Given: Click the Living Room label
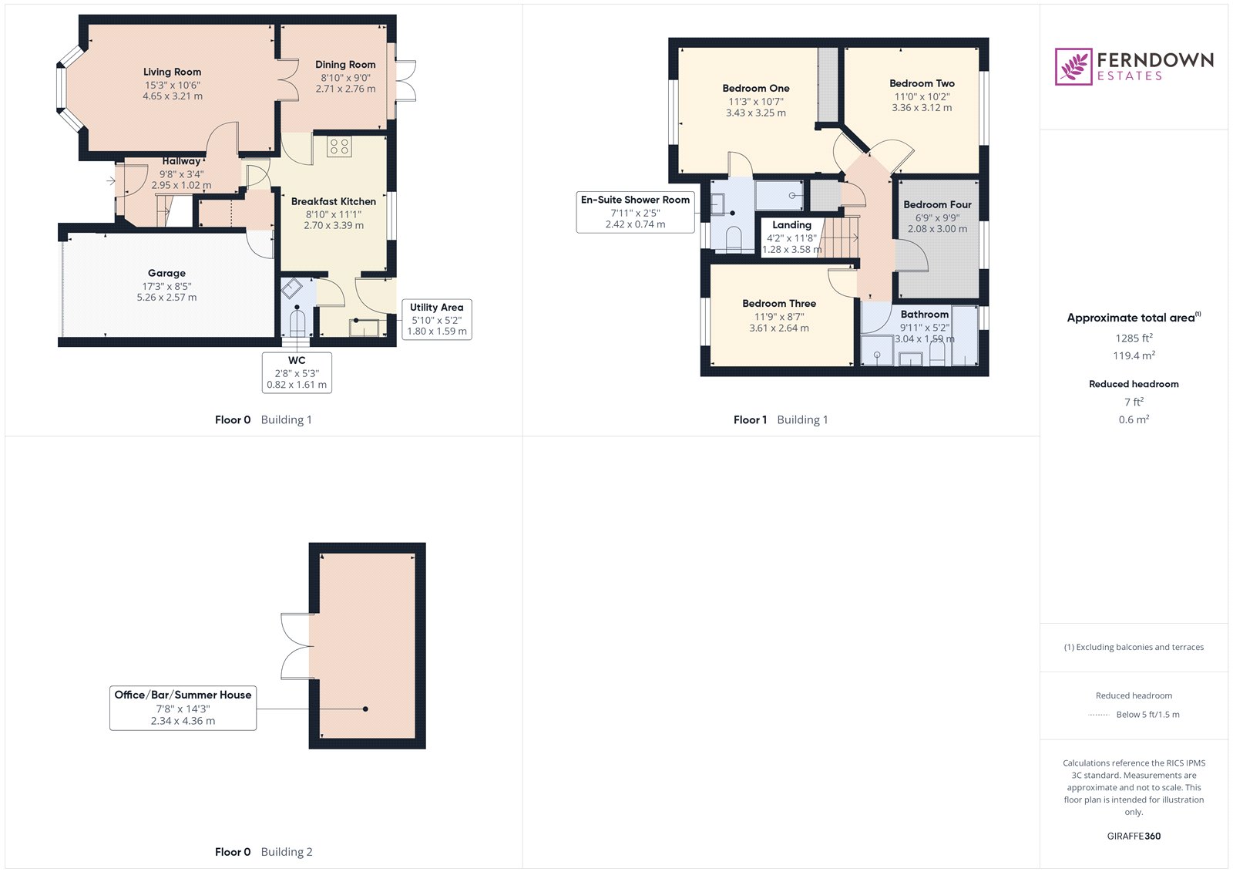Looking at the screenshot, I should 172,72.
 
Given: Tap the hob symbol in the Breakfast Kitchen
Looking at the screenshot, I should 339,146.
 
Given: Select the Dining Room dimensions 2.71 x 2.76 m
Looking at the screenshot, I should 345,89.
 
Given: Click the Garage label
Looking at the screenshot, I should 166,273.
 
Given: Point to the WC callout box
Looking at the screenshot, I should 297,372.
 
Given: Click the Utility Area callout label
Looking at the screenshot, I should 436,308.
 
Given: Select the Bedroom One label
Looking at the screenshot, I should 755,88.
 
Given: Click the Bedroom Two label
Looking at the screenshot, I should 922,83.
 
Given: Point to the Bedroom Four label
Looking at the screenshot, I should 937,204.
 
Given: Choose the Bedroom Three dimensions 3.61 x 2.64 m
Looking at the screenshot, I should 779,328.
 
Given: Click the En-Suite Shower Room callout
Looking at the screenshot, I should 635,211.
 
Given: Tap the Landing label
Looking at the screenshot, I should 791,225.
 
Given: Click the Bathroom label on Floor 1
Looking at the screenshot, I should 924,315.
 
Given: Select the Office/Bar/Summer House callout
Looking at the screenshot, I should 183,707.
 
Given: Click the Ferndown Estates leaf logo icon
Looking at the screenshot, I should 1073,66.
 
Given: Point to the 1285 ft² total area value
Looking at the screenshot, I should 1133,338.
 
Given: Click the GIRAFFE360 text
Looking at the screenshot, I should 1133,837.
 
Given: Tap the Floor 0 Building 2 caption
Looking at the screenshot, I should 264,852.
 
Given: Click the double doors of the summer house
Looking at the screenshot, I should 297,646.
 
